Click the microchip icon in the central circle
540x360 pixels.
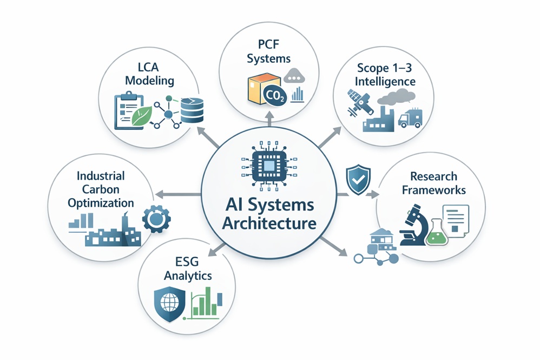pos(269,166)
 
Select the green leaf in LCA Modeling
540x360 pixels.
pos(142,115)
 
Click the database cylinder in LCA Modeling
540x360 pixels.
pos(192,110)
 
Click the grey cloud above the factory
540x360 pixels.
pos(396,97)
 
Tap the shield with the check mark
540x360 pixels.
pos(358,180)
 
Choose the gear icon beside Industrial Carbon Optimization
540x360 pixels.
pos(156,218)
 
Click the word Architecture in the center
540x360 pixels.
pos(269,223)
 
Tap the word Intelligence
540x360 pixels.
pos(385,82)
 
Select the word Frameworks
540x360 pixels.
pos(433,190)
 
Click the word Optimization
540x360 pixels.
pos(101,203)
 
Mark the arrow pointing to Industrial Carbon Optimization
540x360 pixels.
pos(177,195)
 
